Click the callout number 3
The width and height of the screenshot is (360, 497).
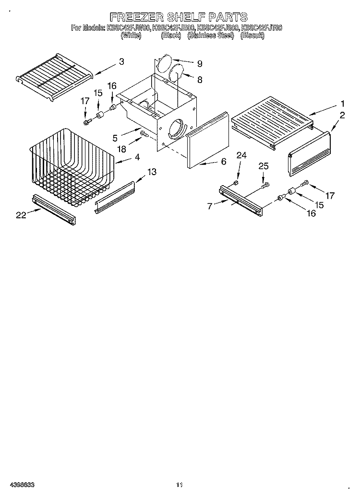121,61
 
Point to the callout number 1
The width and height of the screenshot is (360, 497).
343,103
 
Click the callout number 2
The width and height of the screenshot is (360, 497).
342,115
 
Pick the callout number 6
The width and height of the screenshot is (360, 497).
223,162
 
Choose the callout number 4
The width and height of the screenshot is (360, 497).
138,156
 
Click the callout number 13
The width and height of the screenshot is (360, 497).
152,172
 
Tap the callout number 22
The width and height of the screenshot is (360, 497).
21,215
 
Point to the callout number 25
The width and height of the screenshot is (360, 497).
264,166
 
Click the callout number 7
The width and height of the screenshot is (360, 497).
209,206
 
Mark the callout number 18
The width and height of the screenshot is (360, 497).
122,150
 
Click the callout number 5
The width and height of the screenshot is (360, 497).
115,138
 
